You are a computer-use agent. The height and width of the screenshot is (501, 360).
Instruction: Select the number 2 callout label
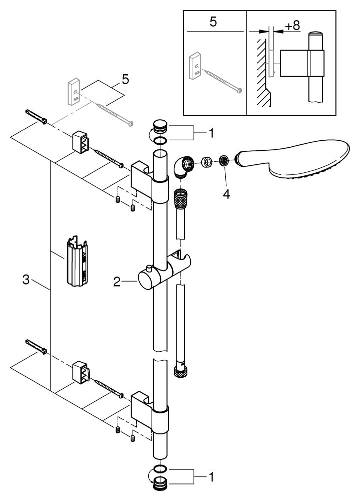click(117, 283)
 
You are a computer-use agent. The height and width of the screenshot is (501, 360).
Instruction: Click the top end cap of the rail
click(160, 125)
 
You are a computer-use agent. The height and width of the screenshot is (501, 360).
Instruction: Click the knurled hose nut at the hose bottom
click(181, 371)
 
